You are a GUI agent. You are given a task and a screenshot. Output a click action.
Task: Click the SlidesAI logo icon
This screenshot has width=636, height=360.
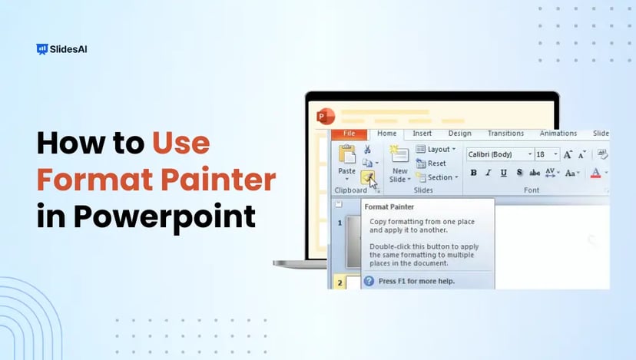point(41,49)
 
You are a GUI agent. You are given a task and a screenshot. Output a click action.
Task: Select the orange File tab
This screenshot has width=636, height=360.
point(349,134)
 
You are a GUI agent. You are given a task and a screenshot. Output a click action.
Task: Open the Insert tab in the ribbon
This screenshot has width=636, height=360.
point(422,134)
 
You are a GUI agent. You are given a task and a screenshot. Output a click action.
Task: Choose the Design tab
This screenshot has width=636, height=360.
point(459,134)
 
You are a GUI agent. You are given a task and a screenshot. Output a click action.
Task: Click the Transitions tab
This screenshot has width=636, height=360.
point(505,134)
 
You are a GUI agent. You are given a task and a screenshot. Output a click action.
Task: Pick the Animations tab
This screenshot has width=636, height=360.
point(558,134)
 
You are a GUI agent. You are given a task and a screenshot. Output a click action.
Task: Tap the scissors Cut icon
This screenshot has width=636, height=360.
point(368,149)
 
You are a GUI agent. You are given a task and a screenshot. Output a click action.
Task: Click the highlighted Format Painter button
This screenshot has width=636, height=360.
point(369,178)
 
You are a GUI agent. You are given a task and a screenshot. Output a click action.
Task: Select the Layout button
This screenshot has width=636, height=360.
point(436,150)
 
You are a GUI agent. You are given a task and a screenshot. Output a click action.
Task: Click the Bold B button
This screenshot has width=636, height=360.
point(473,173)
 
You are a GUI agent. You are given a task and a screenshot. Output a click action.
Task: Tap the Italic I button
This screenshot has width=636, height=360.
point(489,173)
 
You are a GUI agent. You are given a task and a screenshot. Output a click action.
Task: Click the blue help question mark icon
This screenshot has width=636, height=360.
point(369,281)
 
